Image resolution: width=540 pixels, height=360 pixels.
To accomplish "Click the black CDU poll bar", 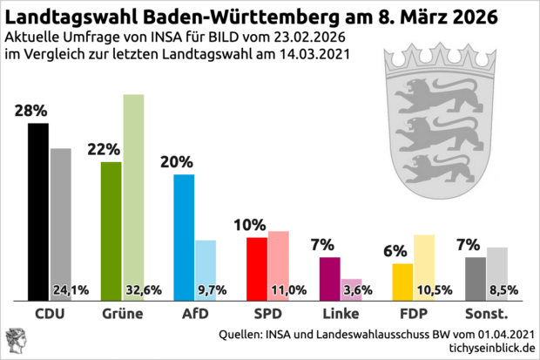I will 38,209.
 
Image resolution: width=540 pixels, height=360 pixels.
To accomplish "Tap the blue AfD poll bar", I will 184,235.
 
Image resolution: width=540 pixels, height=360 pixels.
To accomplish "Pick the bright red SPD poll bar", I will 257,267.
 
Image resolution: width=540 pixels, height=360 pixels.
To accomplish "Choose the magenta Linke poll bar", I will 330,277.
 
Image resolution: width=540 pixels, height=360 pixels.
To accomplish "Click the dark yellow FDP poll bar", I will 402,280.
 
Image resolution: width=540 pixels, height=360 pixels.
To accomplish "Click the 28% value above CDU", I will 30,111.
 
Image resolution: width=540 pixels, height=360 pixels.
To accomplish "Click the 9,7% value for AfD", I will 214,289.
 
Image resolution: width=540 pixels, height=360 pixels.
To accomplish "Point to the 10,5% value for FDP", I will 433,289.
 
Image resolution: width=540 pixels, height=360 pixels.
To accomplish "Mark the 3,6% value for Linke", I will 359,289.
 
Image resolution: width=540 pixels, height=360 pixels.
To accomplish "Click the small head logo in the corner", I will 17,339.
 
